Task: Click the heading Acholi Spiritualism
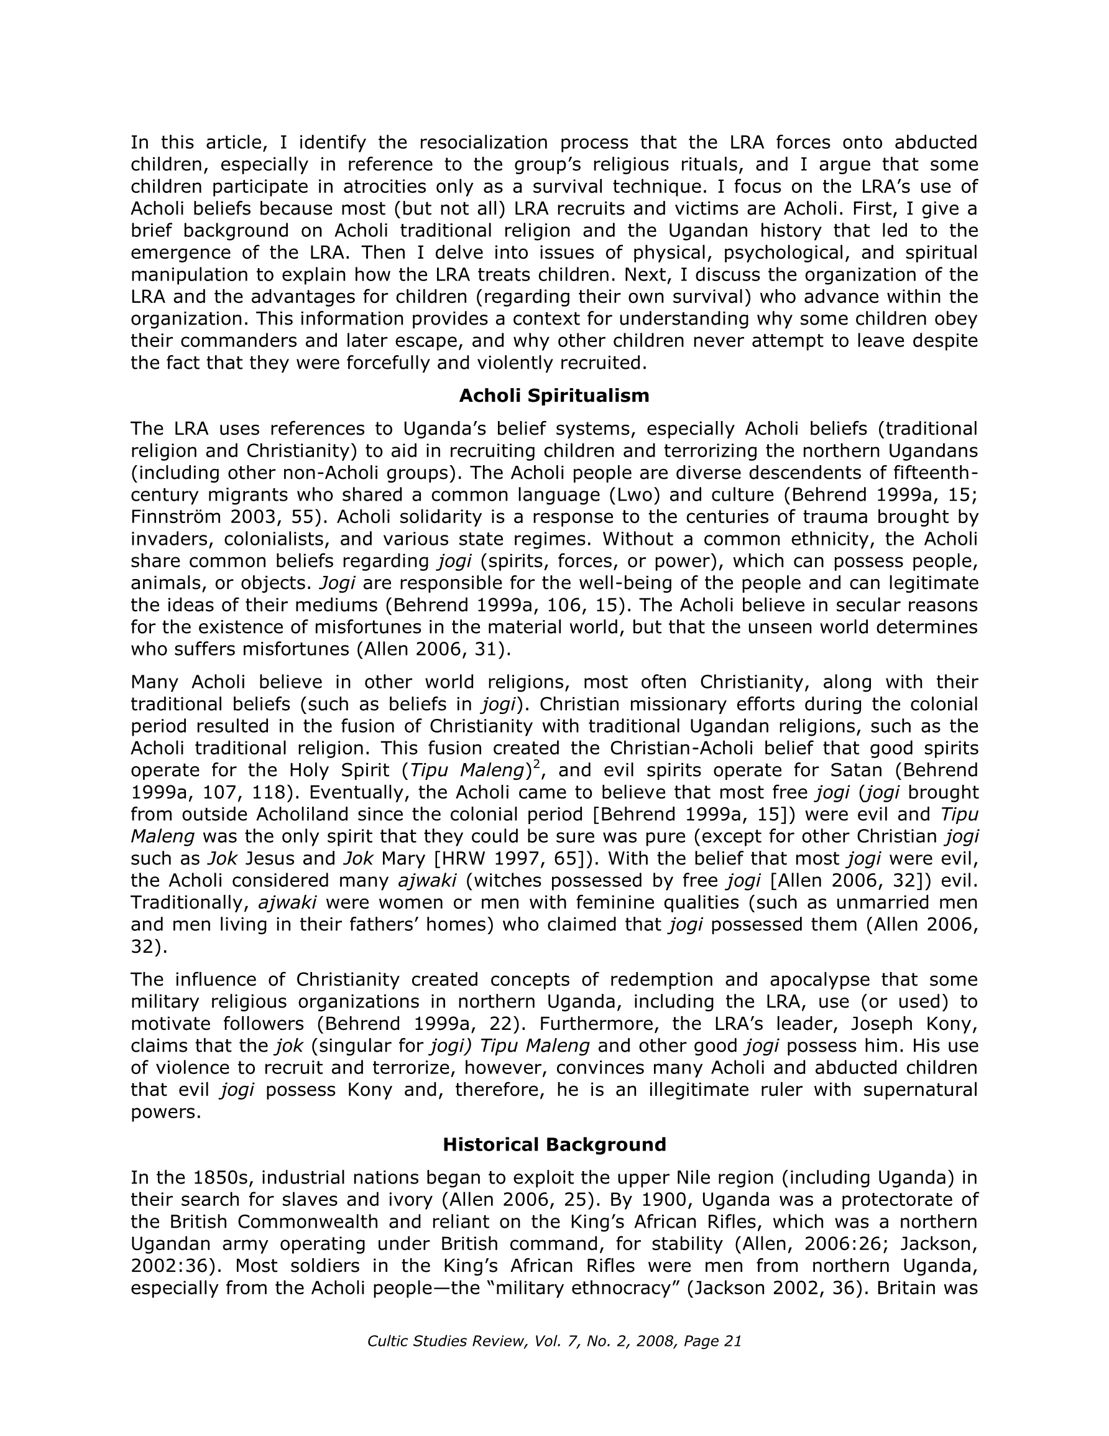click(553, 396)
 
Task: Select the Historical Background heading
click(553, 1145)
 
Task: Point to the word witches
click(505, 881)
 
